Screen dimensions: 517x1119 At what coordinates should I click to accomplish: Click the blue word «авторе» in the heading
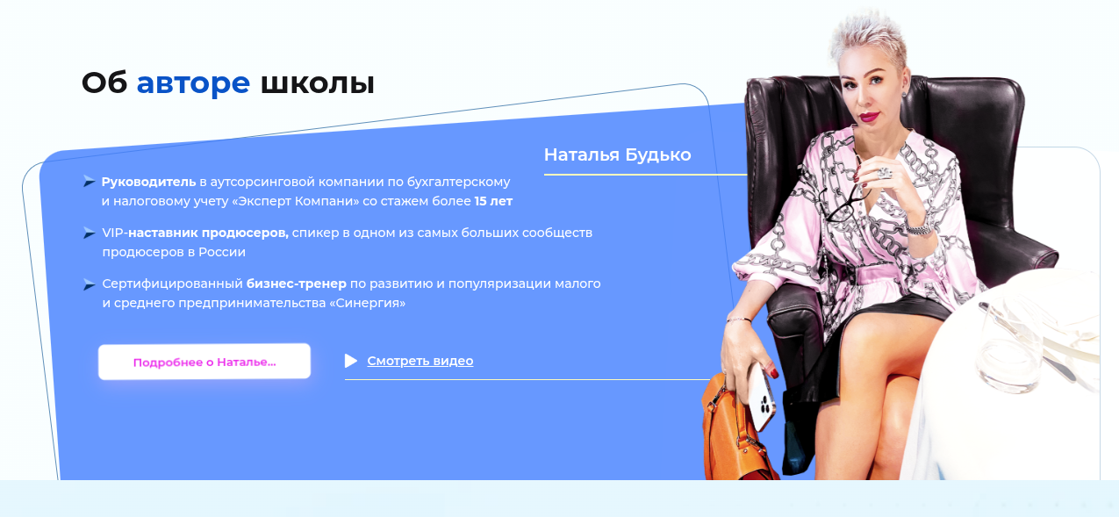coord(193,83)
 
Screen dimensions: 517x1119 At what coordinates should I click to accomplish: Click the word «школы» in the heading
coord(318,83)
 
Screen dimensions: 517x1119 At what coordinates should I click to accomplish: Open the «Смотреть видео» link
coord(420,361)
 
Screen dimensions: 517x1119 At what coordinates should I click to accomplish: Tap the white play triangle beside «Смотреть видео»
coord(351,361)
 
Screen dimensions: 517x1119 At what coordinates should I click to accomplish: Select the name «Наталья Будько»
coord(617,155)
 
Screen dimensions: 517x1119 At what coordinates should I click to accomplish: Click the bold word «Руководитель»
coord(148,182)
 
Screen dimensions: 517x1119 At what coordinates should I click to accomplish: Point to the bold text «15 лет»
coord(493,201)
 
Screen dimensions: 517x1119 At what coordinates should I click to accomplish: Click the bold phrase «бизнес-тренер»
coord(296,284)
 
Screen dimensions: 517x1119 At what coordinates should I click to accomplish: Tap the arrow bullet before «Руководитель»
coord(89,182)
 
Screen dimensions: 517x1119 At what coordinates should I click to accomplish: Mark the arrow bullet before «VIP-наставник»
coord(89,233)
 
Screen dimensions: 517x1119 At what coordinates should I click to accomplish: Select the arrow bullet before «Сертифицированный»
coord(89,284)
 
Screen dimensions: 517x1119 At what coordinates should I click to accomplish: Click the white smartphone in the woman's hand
coord(761,396)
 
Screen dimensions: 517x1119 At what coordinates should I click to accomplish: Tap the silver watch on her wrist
coord(918,227)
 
